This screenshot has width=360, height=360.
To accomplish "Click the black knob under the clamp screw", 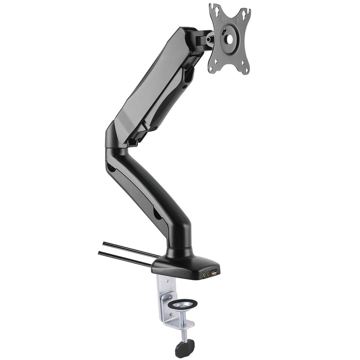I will click(183, 349).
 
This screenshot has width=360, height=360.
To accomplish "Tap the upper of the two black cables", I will click(129, 248).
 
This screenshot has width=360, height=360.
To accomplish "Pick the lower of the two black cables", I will click(123, 258).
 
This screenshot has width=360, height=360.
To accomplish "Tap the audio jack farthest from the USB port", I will click(204, 275).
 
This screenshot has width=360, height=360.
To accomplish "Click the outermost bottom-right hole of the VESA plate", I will click(246, 70).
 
